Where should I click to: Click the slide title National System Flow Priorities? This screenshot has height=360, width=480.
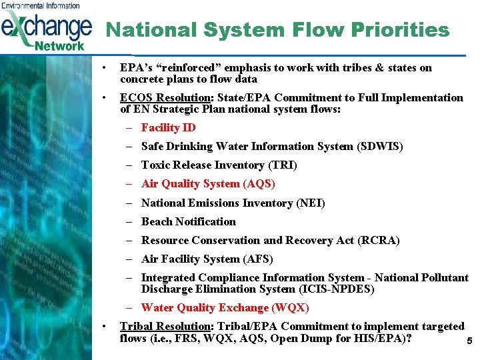point(277,30)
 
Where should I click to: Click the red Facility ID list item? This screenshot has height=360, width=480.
point(168,127)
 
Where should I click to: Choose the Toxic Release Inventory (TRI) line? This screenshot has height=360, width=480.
point(219,165)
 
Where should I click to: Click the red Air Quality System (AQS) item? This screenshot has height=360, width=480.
point(208,183)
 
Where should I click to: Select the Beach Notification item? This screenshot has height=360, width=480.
point(188,221)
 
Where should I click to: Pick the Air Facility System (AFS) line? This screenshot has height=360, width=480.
point(207,259)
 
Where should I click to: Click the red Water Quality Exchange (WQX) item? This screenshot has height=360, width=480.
point(225,307)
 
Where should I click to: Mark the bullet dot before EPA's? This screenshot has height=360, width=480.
point(104,68)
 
